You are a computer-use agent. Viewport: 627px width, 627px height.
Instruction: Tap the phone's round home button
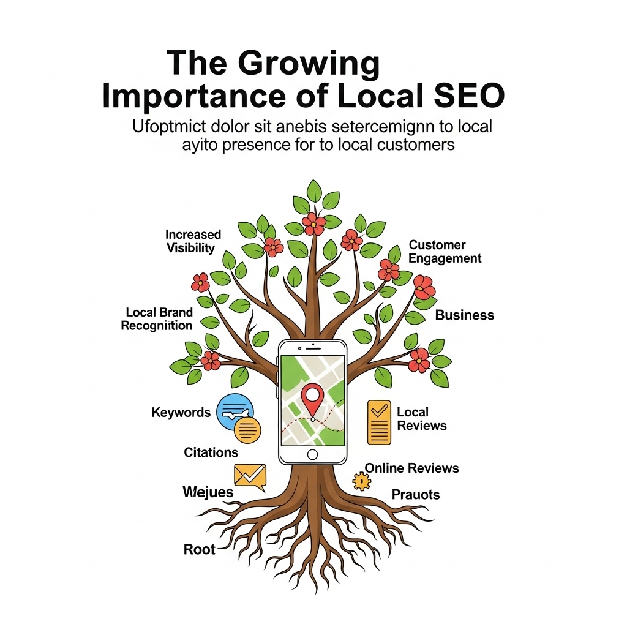312,454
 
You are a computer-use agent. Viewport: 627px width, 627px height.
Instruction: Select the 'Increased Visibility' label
193,241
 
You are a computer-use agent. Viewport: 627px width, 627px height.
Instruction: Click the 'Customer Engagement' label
445,252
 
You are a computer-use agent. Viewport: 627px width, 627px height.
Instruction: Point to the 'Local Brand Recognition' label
157,319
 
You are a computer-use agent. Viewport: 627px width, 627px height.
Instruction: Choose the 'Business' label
464,315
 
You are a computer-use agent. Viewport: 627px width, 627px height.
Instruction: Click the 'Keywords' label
181,413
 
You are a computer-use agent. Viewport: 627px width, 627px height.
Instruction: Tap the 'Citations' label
211,452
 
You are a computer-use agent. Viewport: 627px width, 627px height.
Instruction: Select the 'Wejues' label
208,492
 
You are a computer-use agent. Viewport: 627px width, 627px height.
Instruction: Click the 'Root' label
200,549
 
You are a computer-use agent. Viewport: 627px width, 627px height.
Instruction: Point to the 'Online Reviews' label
411,468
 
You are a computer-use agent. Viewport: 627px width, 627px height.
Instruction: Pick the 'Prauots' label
416,495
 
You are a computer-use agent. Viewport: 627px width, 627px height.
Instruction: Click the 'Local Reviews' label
421,419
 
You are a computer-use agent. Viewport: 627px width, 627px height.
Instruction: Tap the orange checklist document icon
379,422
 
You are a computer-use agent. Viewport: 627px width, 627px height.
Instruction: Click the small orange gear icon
362,482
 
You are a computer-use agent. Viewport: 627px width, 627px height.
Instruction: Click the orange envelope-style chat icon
250,476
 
